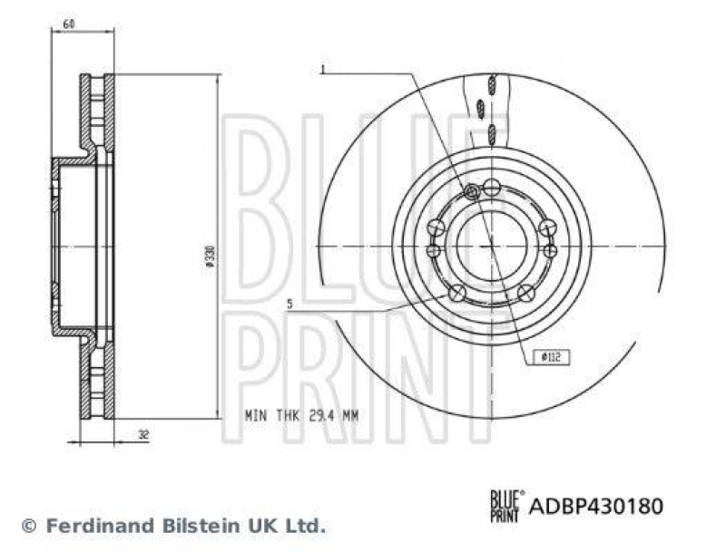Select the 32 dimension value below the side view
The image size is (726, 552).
click(144, 434)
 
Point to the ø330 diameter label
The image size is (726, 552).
click(210, 258)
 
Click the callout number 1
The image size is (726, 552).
click(322, 69)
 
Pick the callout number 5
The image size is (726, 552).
click(289, 305)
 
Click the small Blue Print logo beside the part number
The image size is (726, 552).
click(506, 503)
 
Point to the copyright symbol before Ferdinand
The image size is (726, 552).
click(28, 525)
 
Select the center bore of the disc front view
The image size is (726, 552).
click(491, 247)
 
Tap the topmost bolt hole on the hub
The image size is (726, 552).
click(491, 188)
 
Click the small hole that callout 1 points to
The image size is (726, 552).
click(471, 191)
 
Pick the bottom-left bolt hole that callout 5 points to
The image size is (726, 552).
click(457, 292)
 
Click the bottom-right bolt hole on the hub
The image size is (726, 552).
click(525, 292)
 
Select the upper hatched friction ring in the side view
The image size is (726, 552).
click(97, 113)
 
